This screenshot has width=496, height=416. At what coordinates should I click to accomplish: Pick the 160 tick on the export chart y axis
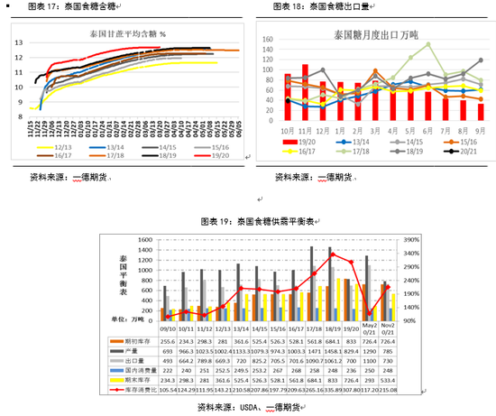coord(268,41)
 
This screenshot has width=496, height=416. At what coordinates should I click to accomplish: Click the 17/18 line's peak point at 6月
coord(427,43)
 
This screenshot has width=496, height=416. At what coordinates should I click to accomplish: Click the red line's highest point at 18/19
coord(332,254)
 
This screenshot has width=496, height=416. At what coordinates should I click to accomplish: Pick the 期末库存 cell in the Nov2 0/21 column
coord(387,379)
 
